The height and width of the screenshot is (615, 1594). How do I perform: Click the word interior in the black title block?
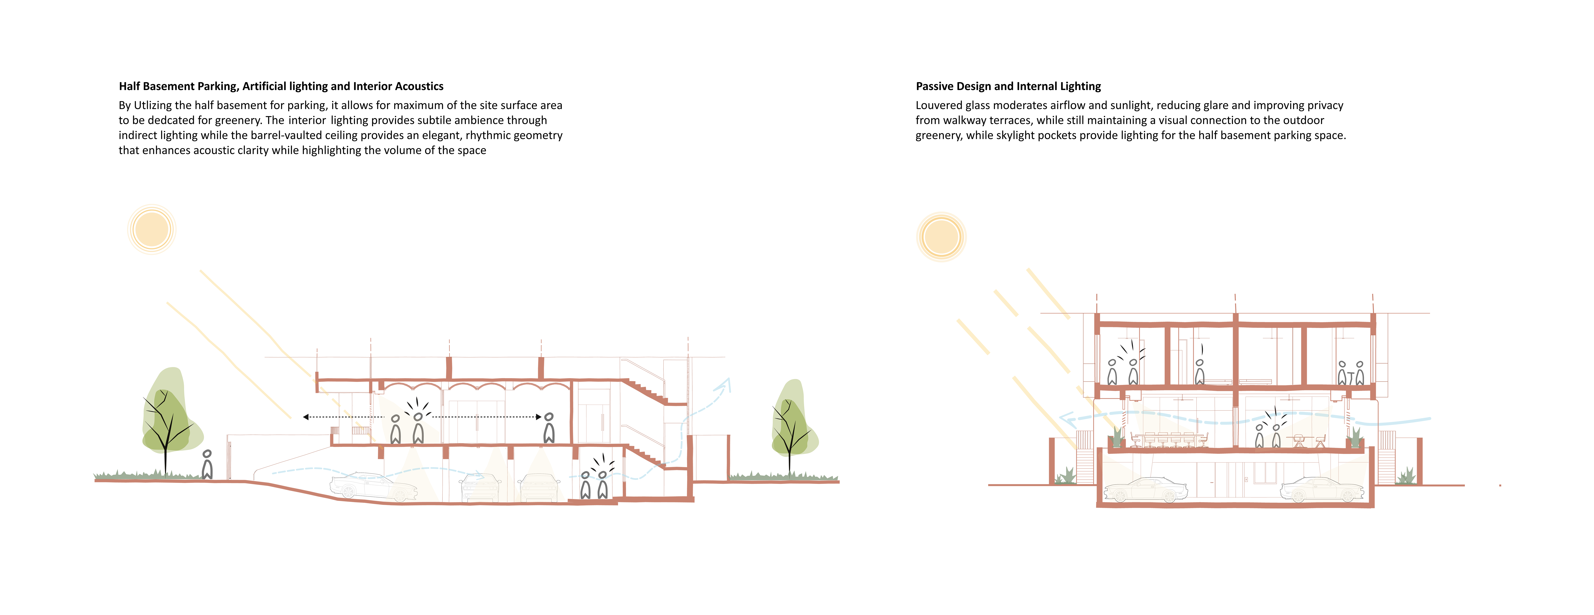pyautogui.click(x=308, y=120)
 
